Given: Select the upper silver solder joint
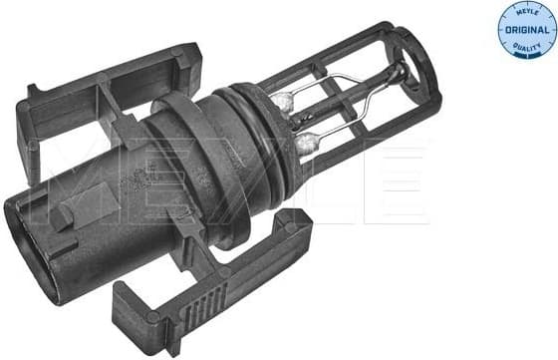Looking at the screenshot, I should click(283, 100).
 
